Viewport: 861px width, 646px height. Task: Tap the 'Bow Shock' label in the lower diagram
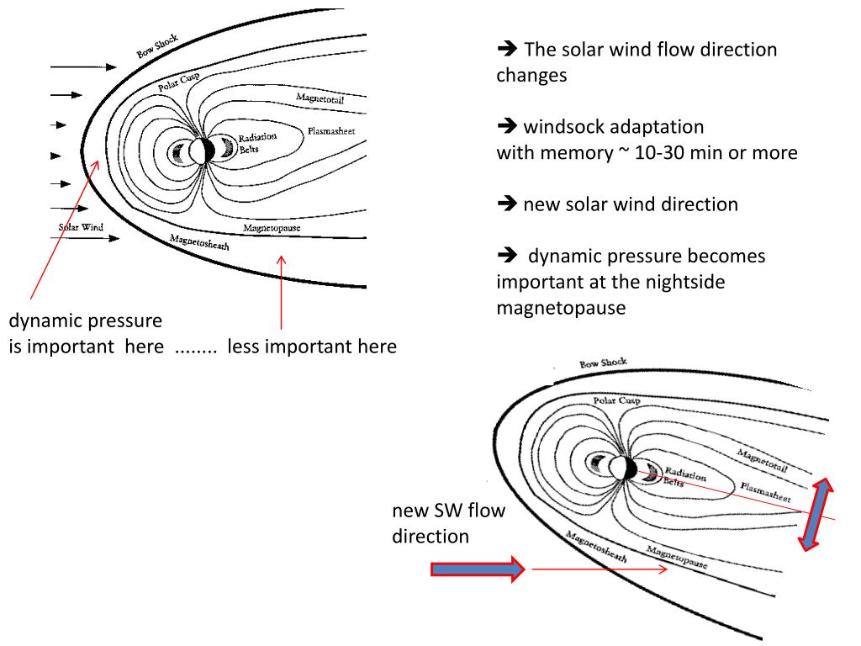(x=603, y=363)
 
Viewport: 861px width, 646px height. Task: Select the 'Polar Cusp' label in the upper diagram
(x=178, y=83)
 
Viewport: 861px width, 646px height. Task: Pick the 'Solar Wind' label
(x=80, y=227)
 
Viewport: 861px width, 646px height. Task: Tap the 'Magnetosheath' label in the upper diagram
(x=198, y=243)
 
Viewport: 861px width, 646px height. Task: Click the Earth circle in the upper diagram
(x=200, y=151)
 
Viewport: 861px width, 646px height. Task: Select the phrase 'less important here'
(x=311, y=347)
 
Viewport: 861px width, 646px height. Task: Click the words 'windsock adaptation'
(x=613, y=127)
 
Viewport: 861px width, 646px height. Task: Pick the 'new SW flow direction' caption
(x=447, y=523)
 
